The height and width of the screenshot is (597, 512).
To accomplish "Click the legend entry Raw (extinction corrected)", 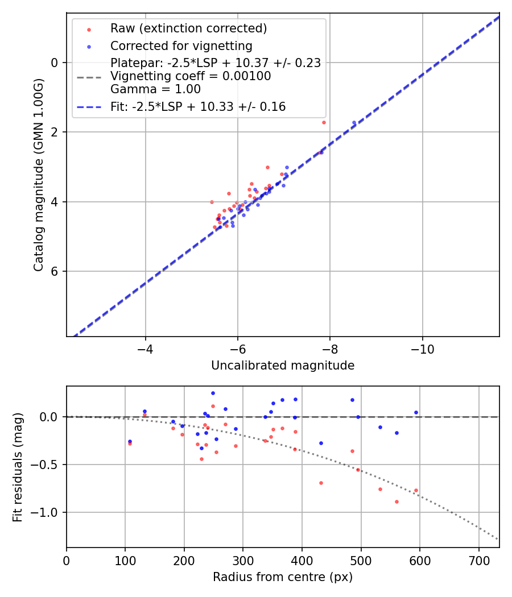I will click(188, 28).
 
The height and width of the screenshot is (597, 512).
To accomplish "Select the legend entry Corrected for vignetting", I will click(181, 45).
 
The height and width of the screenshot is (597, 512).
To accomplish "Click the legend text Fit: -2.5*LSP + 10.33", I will click(198, 107).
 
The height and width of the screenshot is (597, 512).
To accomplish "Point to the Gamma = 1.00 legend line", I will click(155, 89).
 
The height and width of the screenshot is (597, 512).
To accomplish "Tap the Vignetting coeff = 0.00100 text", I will click(191, 76).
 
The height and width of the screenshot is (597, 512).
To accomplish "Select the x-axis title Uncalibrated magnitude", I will click(283, 366).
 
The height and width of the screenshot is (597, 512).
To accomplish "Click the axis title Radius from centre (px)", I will click(283, 577).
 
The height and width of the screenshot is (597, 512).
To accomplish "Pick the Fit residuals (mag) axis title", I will click(18, 467).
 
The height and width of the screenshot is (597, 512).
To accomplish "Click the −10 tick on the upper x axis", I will click(422, 348).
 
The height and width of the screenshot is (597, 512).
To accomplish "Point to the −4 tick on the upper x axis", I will click(146, 348).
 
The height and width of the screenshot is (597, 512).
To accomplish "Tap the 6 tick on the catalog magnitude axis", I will click(55, 271).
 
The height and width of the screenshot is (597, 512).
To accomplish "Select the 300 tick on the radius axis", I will click(243, 559).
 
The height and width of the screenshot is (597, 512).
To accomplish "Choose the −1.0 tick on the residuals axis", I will click(48, 512).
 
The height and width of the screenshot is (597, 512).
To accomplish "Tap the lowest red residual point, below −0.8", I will click(397, 501).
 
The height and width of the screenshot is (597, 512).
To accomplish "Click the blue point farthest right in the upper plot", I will click(354, 122).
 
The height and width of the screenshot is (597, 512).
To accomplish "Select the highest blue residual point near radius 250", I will click(213, 393).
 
